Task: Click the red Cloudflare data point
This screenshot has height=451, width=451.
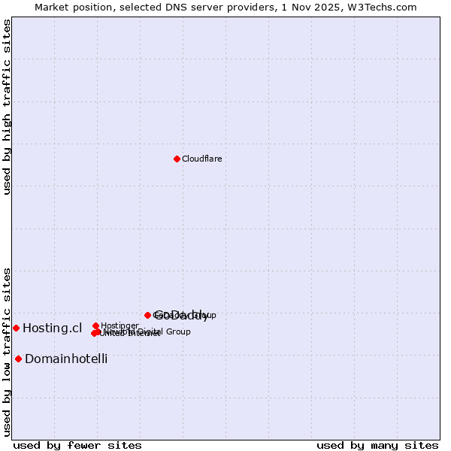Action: [177, 159]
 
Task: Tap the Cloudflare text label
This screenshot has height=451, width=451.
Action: [201, 159]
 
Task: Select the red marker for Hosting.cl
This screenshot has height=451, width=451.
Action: [16, 328]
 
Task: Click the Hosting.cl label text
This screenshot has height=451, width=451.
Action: [52, 328]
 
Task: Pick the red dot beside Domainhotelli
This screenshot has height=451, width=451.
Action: [18, 359]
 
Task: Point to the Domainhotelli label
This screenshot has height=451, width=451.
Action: [66, 359]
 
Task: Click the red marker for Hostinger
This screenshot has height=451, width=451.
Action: [95, 325]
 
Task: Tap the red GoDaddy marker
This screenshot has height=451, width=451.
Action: [147, 315]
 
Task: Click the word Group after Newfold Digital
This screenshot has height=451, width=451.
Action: [178, 331]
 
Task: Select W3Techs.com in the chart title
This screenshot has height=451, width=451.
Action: [385, 7]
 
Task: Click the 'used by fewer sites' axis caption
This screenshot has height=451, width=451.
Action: [77, 445]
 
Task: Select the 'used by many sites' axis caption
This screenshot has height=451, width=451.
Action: [377, 445]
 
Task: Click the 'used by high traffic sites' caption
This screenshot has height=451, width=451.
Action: [7, 107]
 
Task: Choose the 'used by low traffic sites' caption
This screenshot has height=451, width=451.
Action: [7, 351]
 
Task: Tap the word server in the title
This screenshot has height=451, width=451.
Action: [213, 7]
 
